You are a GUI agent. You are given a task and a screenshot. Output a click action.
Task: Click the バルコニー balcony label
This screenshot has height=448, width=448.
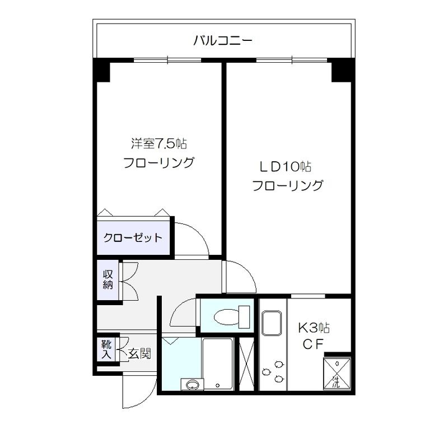click(x=223, y=40)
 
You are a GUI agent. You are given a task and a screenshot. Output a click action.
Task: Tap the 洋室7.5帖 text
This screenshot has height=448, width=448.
click(x=158, y=144)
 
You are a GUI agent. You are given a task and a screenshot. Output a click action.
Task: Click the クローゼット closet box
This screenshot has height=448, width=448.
click(x=133, y=237)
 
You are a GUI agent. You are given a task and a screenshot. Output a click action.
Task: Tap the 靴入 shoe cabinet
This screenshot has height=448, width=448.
click(x=105, y=349)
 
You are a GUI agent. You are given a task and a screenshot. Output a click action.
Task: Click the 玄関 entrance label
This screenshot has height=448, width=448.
click(x=138, y=353)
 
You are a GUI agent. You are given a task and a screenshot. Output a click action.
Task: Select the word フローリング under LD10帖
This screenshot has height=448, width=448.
click(x=288, y=185)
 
